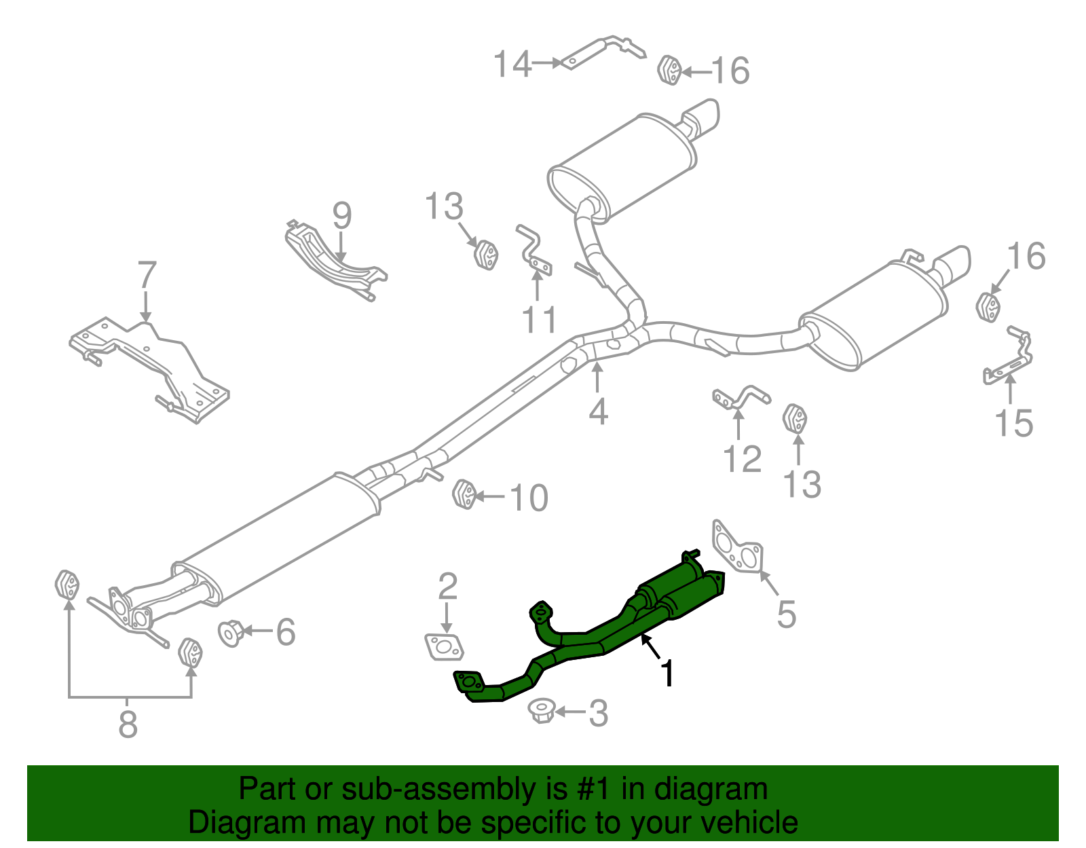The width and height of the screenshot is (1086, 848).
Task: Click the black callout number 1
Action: [668, 674]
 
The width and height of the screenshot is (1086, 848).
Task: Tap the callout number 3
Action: [597, 714]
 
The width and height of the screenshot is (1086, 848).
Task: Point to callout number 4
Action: [597, 411]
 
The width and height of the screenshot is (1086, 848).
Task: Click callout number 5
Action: [786, 614]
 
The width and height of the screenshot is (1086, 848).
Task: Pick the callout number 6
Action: [286, 632]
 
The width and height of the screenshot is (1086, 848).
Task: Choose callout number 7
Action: [147, 276]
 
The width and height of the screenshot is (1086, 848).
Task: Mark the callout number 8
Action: [128, 724]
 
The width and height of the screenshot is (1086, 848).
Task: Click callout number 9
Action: [342, 215]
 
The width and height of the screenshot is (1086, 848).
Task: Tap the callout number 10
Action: [528, 498]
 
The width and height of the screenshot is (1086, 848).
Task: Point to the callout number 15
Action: [1013, 423]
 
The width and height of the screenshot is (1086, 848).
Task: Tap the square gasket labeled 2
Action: [444, 646]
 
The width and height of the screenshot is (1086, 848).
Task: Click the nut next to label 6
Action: [231, 633]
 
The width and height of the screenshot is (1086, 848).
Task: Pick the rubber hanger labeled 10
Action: [464, 494]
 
